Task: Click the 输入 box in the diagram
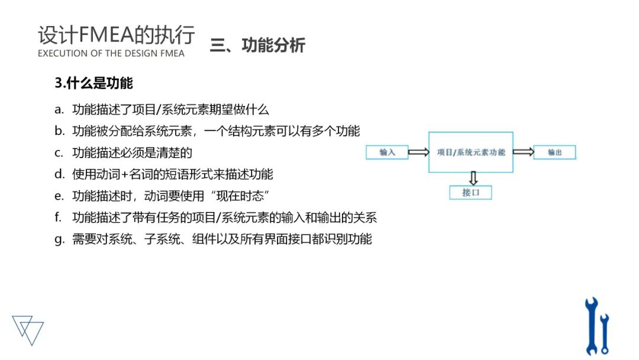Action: (386, 152)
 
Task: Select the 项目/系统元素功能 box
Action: (471, 152)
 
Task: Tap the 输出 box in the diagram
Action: (554, 152)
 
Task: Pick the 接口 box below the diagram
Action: (470, 192)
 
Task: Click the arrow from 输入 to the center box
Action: (418, 152)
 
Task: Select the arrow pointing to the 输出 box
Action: (523, 152)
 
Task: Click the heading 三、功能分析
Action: (257, 46)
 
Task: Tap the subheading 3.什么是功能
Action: (93, 83)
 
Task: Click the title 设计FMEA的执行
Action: (116, 35)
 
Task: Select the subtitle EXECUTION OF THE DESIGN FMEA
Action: (111, 53)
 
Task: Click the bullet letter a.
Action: (58, 110)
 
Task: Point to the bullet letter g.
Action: (59, 239)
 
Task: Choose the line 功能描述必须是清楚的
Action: (132, 153)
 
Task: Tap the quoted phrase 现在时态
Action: (245, 196)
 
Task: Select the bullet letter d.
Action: (59, 174)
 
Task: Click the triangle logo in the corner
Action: (28, 329)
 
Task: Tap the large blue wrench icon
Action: (591, 326)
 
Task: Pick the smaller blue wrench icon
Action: (604, 333)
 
